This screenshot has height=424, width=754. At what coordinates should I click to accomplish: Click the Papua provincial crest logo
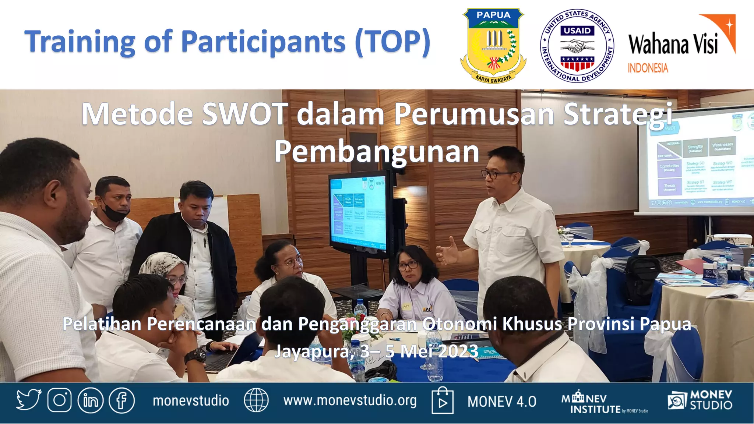pyautogui.click(x=493, y=45)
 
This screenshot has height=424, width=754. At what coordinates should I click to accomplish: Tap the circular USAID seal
pyautogui.click(x=577, y=45)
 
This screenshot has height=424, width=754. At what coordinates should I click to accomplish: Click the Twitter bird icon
pyautogui.click(x=28, y=400)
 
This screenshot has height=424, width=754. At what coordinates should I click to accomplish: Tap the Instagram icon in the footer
pyautogui.click(x=59, y=400)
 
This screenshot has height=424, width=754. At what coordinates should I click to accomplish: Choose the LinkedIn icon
pyautogui.click(x=91, y=400)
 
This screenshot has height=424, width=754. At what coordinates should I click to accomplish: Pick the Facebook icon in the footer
pyautogui.click(x=122, y=400)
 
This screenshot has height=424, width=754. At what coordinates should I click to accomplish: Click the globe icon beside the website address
pyautogui.click(x=256, y=400)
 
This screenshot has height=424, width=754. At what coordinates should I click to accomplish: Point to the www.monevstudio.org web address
pyautogui.click(x=350, y=400)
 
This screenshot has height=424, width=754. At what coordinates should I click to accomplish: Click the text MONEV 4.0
pyautogui.click(x=501, y=402)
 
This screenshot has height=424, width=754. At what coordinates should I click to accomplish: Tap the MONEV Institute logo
pyautogui.click(x=604, y=403)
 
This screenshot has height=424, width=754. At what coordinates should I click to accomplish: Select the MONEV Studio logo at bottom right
pyautogui.click(x=700, y=400)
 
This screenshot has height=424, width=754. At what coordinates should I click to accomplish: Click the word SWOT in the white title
pyautogui.click(x=245, y=114)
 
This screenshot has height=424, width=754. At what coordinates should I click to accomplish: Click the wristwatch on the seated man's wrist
pyautogui.click(x=195, y=356)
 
